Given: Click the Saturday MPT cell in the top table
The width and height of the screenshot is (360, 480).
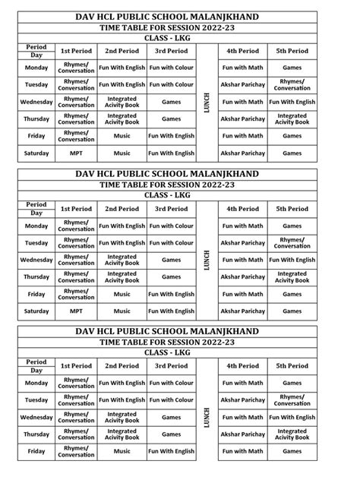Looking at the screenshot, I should (76, 153).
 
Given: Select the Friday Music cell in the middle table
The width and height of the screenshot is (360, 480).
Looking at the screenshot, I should (122, 294).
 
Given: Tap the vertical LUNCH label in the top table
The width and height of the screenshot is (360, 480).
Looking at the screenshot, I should (207, 101).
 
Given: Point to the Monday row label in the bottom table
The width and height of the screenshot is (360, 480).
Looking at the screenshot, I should (36, 383).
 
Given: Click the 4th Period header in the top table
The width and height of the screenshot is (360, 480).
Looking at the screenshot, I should (242, 51).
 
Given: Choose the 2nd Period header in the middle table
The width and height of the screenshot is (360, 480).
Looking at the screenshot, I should (122, 209).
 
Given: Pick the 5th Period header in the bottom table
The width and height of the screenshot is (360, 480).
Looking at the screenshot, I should (292, 366).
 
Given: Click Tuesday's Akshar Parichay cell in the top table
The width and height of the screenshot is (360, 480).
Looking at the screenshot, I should (242, 85).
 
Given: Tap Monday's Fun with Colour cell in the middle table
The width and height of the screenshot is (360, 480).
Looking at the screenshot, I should (171, 226).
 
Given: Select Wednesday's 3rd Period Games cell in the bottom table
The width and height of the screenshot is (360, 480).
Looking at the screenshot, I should (171, 417).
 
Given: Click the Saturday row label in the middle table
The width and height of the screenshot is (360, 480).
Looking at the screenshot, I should (36, 311).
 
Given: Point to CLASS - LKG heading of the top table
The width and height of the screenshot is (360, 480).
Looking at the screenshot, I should (179, 37).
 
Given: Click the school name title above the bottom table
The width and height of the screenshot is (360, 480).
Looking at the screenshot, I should (179, 332).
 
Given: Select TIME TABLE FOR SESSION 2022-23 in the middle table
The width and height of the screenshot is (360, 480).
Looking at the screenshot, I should (179, 185).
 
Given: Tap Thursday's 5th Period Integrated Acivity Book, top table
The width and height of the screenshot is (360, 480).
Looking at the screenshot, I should (292, 119).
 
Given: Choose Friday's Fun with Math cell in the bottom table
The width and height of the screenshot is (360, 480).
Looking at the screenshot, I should (242, 451).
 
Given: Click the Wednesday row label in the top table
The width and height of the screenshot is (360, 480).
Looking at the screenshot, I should (36, 102).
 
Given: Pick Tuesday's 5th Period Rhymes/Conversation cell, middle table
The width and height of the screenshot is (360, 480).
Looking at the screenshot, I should (292, 243).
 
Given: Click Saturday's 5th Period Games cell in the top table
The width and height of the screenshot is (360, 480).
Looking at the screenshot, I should (292, 153).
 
